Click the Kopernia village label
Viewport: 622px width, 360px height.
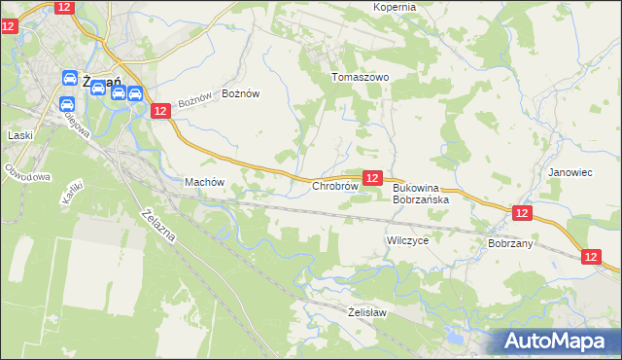(395, 7)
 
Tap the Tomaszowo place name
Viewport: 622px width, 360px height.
(360, 77)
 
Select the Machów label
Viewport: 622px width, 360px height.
(204, 182)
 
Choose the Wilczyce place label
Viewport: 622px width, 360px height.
(407, 239)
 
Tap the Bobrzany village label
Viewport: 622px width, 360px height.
(510, 243)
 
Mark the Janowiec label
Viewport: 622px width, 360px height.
(570, 172)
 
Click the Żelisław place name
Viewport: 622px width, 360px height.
(367, 312)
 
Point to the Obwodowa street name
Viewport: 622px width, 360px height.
(27, 175)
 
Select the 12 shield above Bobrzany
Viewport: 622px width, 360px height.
(522, 213)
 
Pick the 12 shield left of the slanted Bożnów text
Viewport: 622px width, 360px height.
(161, 111)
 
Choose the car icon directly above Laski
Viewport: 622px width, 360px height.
(67, 104)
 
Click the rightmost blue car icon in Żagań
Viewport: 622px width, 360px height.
(135, 94)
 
